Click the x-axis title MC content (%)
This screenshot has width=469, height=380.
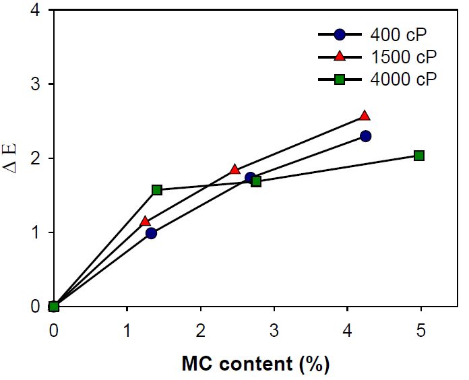point(255,365)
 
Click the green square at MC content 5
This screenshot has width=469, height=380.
point(419,156)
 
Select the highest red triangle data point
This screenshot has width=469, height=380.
point(365,116)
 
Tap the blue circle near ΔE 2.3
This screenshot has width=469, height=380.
point(365,136)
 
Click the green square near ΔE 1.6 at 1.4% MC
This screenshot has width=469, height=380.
point(157,190)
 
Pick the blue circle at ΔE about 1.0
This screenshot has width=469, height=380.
point(151,233)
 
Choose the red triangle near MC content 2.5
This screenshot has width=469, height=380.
point(234,170)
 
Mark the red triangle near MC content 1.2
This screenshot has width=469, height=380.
point(145,221)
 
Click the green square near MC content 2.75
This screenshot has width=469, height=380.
point(256,181)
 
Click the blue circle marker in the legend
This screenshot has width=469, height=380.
point(340,34)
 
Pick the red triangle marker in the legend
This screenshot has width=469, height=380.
point(340,56)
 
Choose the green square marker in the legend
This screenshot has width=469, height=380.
point(340,79)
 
